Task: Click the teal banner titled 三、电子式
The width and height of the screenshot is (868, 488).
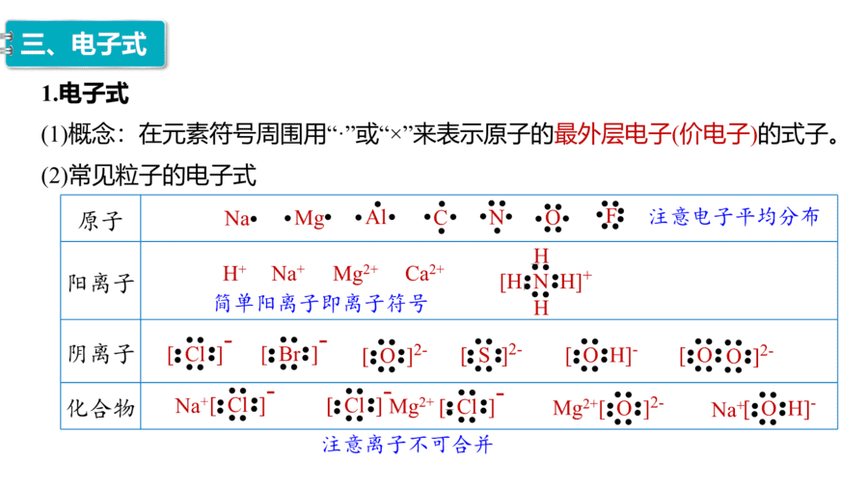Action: click(x=85, y=44)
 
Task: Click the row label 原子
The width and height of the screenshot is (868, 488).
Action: click(x=100, y=220)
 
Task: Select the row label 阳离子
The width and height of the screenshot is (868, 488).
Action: click(x=101, y=283)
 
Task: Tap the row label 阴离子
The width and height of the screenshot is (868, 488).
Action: click(x=101, y=353)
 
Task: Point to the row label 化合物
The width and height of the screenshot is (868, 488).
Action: click(x=101, y=408)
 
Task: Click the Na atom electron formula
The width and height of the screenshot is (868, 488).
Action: click(x=241, y=219)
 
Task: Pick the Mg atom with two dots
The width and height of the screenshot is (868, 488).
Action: click(x=308, y=219)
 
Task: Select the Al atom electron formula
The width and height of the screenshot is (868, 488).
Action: click(x=376, y=216)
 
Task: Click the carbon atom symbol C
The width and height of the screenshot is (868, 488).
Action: click(x=441, y=217)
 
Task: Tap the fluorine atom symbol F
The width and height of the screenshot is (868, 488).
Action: click(x=610, y=215)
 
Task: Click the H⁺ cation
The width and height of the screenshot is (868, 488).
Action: click(x=234, y=273)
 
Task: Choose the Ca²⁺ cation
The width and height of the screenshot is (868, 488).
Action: click(x=424, y=273)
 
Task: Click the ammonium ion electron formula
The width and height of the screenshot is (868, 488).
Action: click(x=546, y=282)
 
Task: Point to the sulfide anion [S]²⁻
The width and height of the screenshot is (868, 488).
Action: click(x=491, y=355)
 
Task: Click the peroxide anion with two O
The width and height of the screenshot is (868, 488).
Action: click(x=726, y=355)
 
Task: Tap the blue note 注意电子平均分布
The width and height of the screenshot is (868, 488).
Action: click(x=734, y=216)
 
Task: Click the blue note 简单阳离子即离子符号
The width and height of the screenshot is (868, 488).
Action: click(x=321, y=303)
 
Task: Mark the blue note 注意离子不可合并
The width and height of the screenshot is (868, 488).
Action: click(x=407, y=445)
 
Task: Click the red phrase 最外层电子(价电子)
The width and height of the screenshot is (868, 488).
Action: click(x=656, y=134)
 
